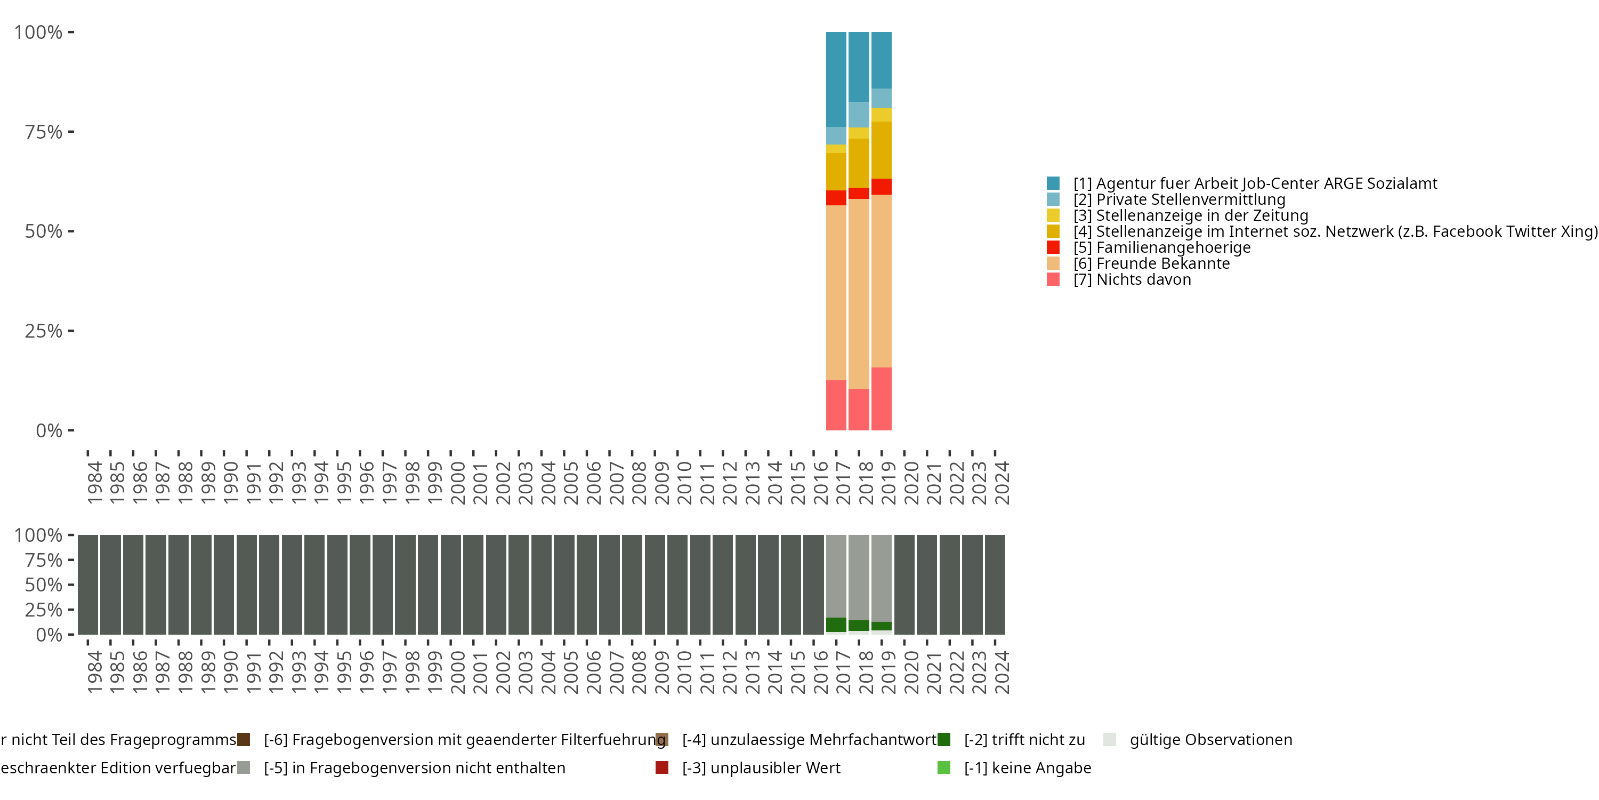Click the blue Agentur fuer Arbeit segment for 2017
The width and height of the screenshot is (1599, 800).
click(x=836, y=79)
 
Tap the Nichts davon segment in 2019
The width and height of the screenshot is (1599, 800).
click(x=881, y=398)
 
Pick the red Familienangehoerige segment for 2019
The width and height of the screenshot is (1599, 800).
click(x=881, y=186)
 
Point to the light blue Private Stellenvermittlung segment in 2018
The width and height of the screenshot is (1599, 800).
click(x=859, y=114)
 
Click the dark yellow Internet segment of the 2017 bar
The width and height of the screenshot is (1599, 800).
click(x=836, y=171)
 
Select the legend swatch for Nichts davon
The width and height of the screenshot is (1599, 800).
click(x=1053, y=279)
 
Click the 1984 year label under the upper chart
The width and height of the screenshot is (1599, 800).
click(x=94, y=483)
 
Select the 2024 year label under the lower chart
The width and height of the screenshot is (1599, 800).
click(x=1001, y=672)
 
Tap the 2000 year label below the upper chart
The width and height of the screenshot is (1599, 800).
click(x=457, y=483)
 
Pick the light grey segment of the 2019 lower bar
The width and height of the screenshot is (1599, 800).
click(x=881, y=578)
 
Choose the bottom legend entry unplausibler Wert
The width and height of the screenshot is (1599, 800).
click(x=761, y=767)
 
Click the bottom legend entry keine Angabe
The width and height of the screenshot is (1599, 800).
click(x=1027, y=767)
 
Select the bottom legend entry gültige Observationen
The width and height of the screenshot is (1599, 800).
click(x=1210, y=740)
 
